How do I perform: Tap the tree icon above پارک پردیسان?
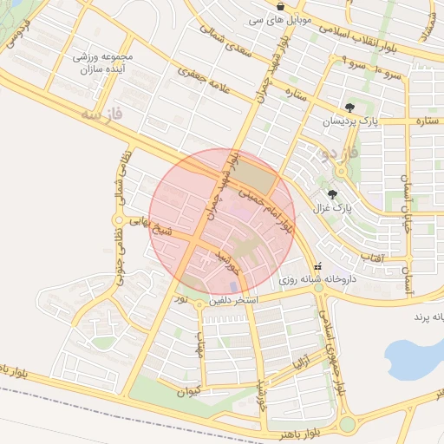pos(349,108)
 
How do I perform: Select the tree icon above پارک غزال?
pos(332,193)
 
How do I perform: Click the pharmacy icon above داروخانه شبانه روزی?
pos(317,267)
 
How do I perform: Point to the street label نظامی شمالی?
pos(121,184)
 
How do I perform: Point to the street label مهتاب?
pos(200,345)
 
